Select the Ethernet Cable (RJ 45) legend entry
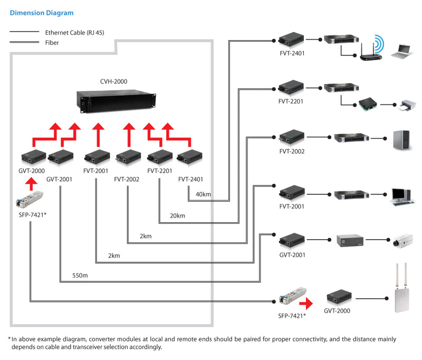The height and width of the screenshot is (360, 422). click(74, 32)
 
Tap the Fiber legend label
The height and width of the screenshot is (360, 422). click(52, 42)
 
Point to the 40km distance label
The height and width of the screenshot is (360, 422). click(203, 194)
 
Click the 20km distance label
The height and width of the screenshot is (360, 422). click(177, 215)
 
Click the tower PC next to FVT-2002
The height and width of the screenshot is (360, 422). click(400, 139)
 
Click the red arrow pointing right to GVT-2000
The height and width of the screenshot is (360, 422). click(306, 304)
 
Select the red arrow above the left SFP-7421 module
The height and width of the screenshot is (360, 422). click(31, 183)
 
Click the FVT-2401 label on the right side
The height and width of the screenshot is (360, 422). click(291, 53)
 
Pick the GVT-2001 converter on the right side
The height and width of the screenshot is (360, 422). click(291, 241)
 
